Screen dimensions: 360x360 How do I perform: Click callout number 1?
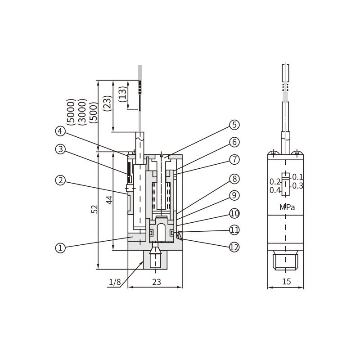60,248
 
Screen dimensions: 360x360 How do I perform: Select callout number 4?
60,131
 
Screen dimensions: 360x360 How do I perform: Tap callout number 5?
234,125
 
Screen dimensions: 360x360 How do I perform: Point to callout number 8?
234,179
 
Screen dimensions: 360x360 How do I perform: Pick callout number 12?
234,247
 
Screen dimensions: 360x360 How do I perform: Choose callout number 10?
234,213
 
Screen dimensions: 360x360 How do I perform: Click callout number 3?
60,149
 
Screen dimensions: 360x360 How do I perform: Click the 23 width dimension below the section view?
157,282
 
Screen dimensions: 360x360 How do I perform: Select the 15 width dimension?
287,282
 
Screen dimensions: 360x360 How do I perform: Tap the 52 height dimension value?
94,209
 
